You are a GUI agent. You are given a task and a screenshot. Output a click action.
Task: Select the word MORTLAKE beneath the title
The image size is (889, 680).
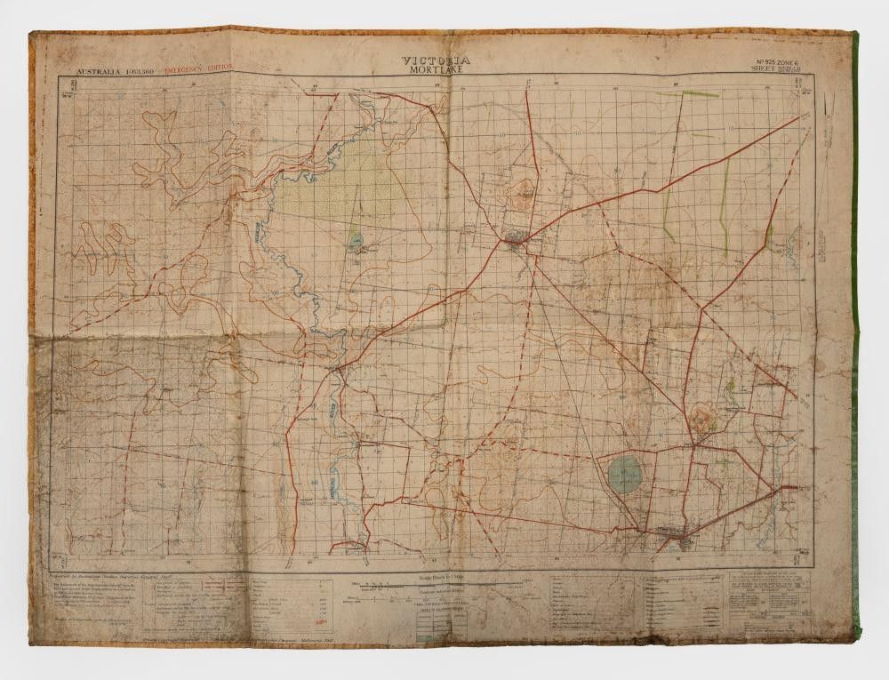coord(436,71)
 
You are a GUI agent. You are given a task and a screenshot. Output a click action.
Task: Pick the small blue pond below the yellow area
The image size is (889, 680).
coord(356,238)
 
